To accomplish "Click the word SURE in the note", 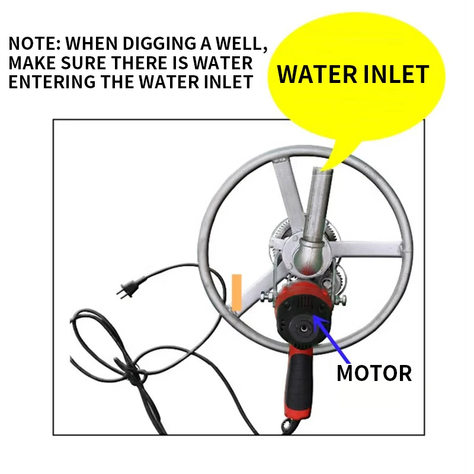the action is (84, 63).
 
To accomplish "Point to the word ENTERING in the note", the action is (52, 82).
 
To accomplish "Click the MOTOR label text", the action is (374, 373).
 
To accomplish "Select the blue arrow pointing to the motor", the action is (331, 338).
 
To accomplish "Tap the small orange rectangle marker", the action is (236, 292).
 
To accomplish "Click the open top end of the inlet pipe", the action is (322, 170).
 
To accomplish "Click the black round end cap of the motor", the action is (303, 328).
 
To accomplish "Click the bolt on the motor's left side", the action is (267, 297).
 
